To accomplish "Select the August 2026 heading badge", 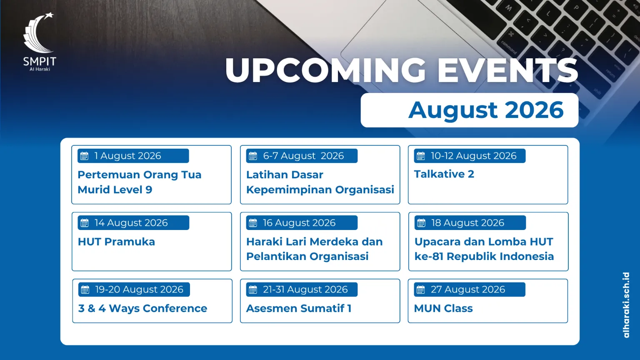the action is pos(470,110).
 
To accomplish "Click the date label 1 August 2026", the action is pos(128,156).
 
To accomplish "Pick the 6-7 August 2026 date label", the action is pos(303,156).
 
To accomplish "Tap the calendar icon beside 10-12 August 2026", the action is pos(420,156).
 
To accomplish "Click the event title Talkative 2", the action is pos(444,174).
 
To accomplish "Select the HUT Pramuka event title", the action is pos(116,242).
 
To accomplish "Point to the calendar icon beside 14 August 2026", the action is pos(85,223).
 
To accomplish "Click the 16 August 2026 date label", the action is pos(299,223).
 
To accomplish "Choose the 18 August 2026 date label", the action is pos(468,223).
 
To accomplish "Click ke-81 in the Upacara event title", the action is pos(429,256).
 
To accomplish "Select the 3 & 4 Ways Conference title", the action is pos(142,309).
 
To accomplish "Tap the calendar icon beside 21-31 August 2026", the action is pos(253,290).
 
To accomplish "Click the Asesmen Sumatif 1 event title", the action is pos(299,309).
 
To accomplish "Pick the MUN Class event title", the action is pos(443,309).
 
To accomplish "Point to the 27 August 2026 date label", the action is pos(468,290).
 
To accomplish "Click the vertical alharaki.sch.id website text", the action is pos(626,305).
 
